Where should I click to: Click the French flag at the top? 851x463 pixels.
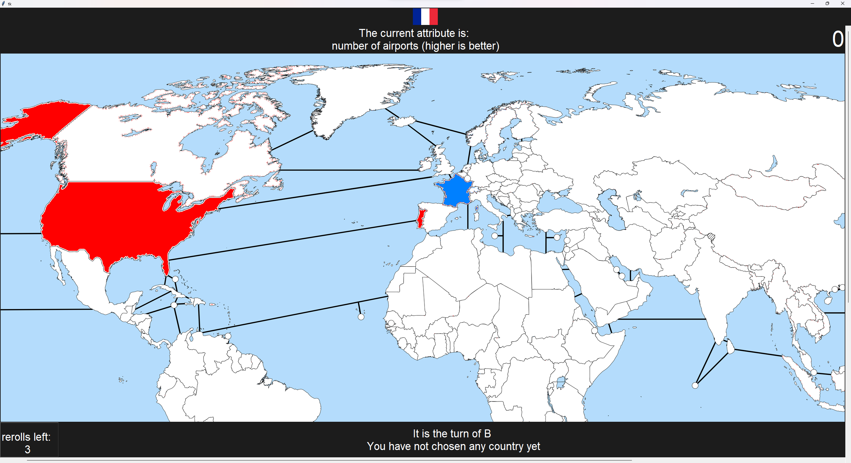pos(425,17)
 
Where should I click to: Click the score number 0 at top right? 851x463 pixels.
pos(838,39)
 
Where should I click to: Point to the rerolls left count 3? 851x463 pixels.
pos(28,449)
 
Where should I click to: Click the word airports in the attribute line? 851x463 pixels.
pos(401,46)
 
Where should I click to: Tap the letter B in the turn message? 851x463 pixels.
pos(487,434)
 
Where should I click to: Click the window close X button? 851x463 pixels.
pos(842,4)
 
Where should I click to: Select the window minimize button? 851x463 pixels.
pos(812,4)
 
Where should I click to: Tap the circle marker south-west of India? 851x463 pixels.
pos(695,386)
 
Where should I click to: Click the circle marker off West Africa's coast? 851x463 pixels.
pos(361,317)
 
